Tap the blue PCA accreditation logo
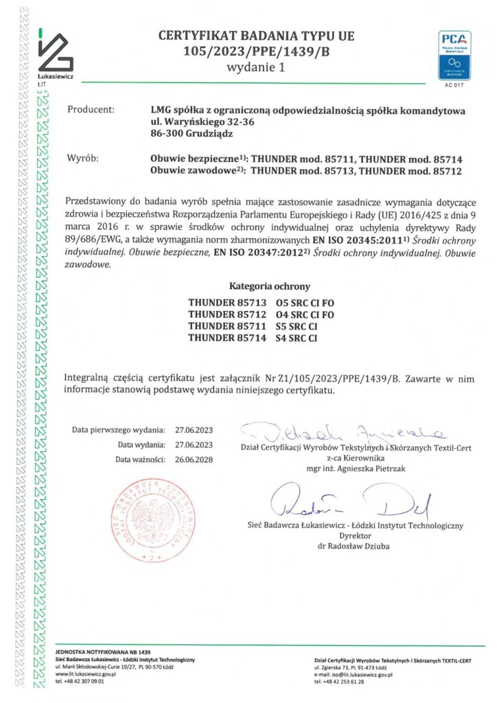(454, 54)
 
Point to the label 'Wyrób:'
(83, 159)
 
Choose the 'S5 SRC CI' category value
(296, 325)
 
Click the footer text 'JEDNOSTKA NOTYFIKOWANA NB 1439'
(102, 651)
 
